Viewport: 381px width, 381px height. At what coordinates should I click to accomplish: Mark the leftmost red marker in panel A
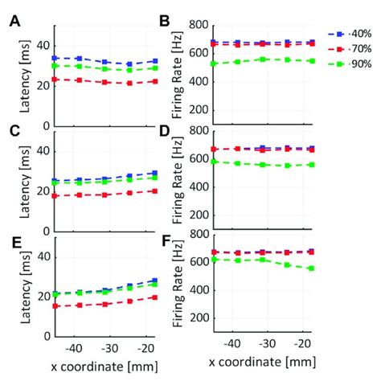(x=54, y=79)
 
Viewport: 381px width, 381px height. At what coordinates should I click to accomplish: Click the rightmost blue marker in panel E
(x=154, y=281)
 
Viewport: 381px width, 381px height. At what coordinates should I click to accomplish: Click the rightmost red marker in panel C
(x=154, y=191)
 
